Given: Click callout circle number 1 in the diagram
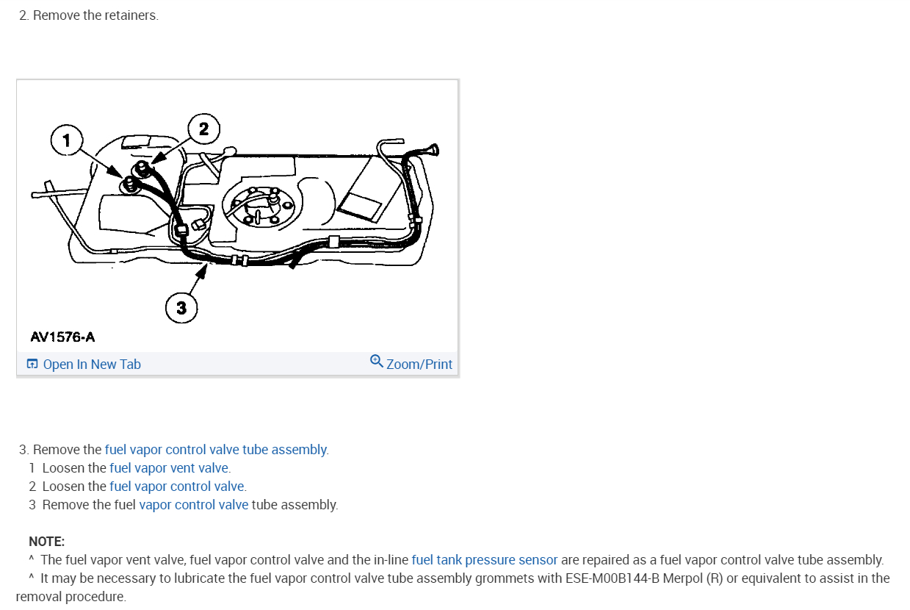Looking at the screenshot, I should pyautogui.click(x=67, y=140).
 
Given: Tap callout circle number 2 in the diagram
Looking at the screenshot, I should pyautogui.click(x=203, y=129).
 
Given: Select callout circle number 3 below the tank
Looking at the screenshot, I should pyautogui.click(x=181, y=308).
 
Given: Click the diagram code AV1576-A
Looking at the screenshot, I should pyautogui.click(x=62, y=337).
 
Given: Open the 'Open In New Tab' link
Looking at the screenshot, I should pyautogui.click(x=91, y=365).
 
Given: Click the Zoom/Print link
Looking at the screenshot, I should pyautogui.click(x=419, y=365).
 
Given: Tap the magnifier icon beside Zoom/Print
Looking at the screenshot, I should pyautogui.click(x=377, y=362).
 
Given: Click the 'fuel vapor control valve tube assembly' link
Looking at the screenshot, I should pyautogui.click(x=216, y=450).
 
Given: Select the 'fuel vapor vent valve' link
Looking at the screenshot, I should pyautogui.click(x=170, y=468).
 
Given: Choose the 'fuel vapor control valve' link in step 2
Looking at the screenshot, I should pyautogui.click(x=177, y=487).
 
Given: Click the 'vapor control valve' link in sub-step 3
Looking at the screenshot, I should pyautogui.click(x=193, y=505).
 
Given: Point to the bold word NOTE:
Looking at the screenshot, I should pyautogui.click(x=47, y=542).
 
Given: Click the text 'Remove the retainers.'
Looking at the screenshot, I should pyautogui.click(x=95, y=15).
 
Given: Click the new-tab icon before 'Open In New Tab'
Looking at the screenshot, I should pyautogui.click(x=32, y=365).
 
